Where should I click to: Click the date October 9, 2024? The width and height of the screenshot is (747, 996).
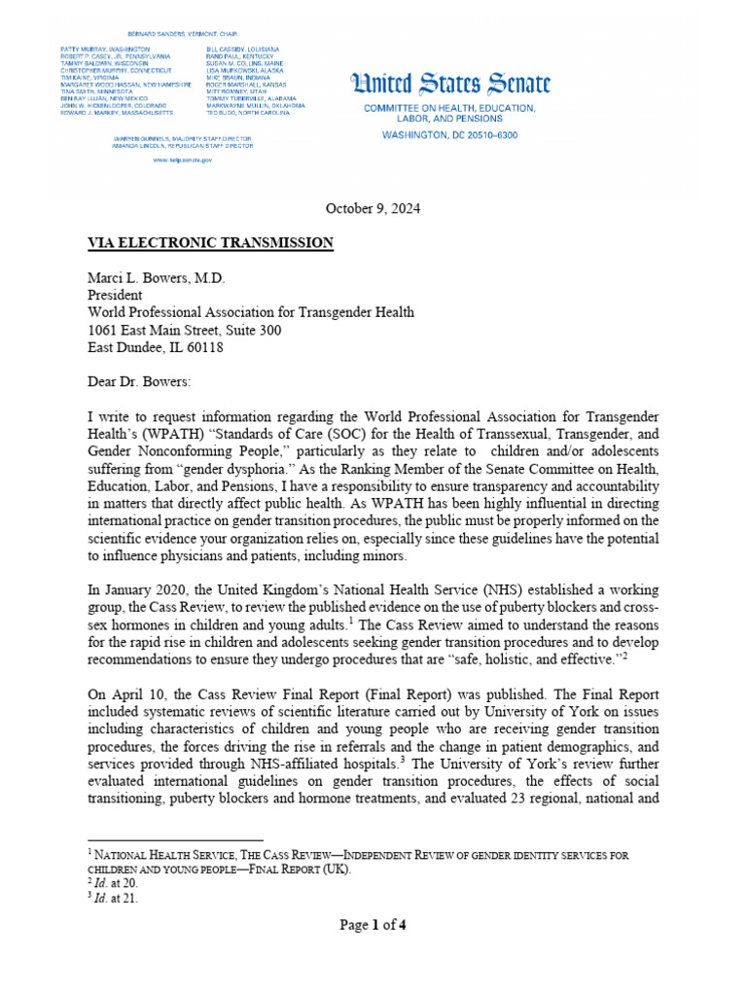pyautogui.click(x=373, y=209)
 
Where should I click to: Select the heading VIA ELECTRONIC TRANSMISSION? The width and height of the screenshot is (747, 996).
pyautogui.click(x=211, y=243)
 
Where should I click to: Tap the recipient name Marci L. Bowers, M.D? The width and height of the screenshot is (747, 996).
pyautogui.click(x=157, y=278)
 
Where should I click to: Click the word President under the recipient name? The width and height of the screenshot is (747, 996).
pyautogui.click(x=115, y=296)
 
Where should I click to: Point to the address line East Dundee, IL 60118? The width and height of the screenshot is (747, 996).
pyautogui.click(x=157, y=347)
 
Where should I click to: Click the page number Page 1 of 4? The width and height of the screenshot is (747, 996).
pyautogui.click(x=373, y=925)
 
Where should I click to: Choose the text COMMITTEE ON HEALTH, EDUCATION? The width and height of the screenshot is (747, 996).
pyautogui.click(x=449, y=108)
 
